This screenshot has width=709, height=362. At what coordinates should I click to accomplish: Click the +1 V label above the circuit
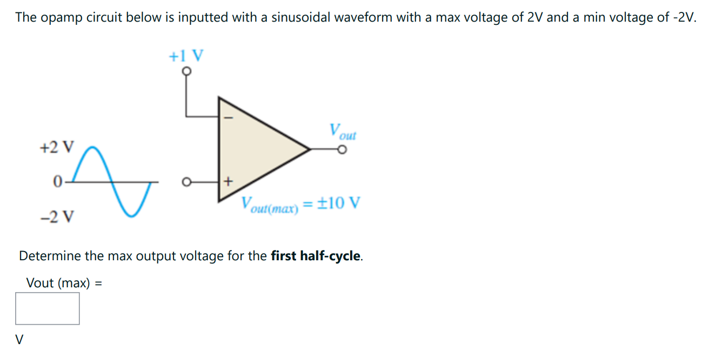(186, 56)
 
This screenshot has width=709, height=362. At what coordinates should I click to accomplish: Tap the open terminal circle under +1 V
(186, 71)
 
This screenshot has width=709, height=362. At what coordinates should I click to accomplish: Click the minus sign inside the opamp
(228, 116)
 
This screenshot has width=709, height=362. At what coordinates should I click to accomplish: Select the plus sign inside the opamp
(228, 181)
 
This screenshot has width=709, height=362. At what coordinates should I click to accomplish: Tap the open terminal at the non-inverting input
(186, 181)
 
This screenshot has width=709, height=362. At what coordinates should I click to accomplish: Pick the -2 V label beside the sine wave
(58, 217)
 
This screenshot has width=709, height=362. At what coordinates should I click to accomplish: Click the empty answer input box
(48, 308)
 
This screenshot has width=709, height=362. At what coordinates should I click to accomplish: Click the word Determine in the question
(50, 256)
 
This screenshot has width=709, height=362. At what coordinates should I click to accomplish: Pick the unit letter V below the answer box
(20, 340)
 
